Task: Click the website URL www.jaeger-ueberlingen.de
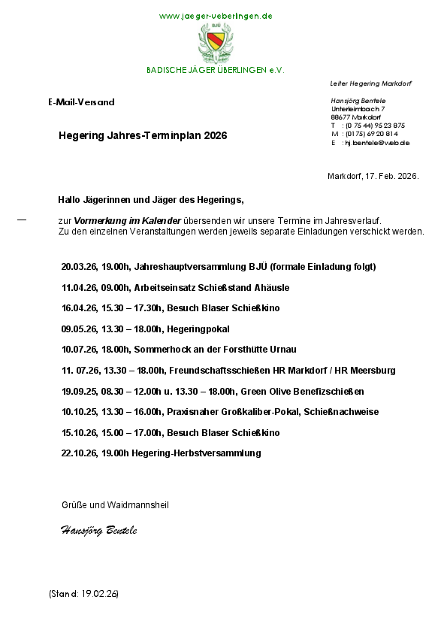(216, 16)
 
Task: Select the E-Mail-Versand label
(81, 101)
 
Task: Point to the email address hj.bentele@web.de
(376, 142)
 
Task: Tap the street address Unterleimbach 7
(358, 109)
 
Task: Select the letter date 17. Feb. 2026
(391, 176)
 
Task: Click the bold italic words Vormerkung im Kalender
(128, 221)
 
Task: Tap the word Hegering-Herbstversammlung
(198, 453)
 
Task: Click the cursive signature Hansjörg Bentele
(98, 531)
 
